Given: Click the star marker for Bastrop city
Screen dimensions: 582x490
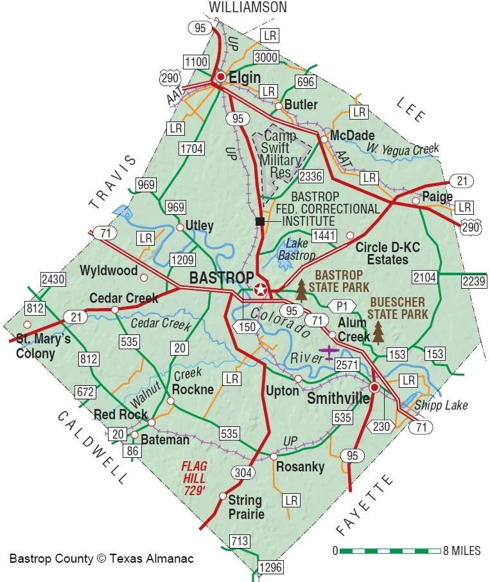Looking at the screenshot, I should coord(260,289).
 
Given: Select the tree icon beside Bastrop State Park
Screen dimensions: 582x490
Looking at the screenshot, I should coord(301,289).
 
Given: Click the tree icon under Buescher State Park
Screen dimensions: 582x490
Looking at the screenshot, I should coord(379,332).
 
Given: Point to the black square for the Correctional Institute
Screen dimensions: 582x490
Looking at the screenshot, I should coord(259,221).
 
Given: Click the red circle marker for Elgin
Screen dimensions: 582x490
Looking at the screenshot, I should coord(221,77).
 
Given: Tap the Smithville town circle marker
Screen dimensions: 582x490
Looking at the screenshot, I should coord(374,387).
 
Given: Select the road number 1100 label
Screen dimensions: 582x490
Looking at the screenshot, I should coord(196,62).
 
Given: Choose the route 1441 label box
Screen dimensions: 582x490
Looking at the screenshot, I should coord(324,235).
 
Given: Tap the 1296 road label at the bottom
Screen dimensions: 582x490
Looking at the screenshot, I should coord(270,567).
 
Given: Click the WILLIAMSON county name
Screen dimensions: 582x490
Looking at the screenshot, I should coord(247,8).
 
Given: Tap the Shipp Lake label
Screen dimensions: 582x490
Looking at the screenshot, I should coord(441,405).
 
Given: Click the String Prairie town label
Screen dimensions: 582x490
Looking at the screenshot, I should coord(245,507).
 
